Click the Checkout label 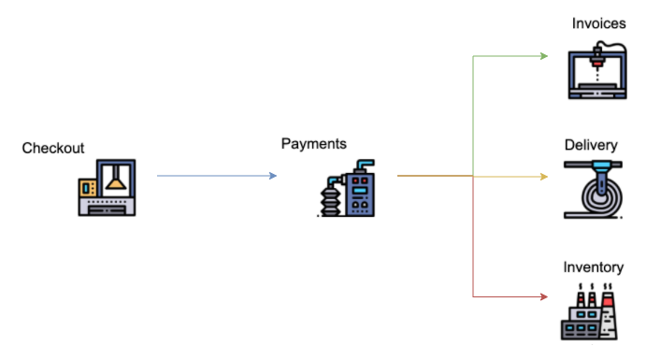pos(53,149)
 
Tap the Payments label pos(314,144)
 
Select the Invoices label pos(598,22)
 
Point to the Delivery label pos(591,145)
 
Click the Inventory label pos(593,267)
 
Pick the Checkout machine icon pos(107,187)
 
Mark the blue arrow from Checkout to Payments pos(215,176)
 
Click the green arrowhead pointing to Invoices pos(544,56)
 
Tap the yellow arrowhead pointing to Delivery pos(544,176)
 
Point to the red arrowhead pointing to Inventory pos(543,297)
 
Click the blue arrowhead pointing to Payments pos(273,176)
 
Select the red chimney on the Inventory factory pos(609,300)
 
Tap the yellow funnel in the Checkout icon pos(115,180)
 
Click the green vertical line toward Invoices pos(474,112)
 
